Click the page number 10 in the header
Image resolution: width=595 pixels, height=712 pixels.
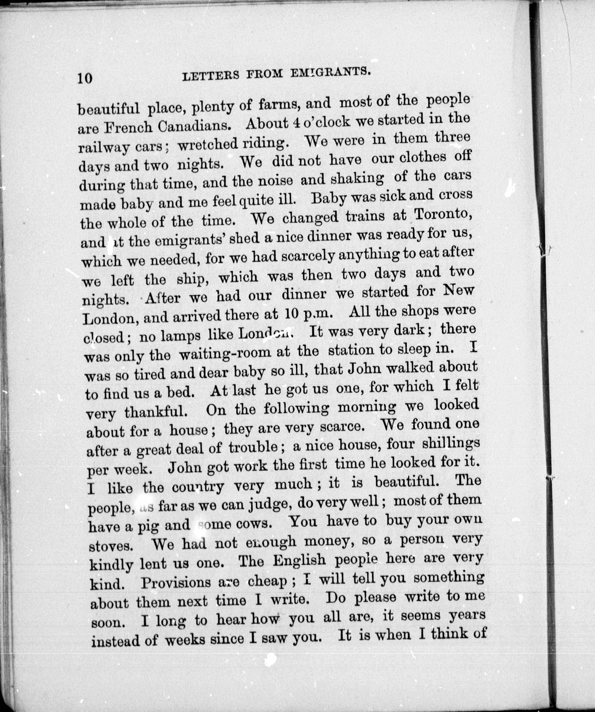(85, 78)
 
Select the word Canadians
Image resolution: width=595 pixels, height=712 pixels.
(195, 127)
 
